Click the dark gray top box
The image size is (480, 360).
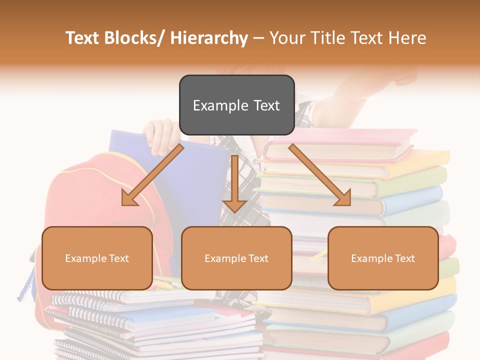(x=236, y=105)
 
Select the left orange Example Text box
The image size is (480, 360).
(x=97, y=258)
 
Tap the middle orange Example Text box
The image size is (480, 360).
(x=236, y=258)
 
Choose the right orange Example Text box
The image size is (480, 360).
(x=383, y=258)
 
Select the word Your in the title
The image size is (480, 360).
(x=286, y=38)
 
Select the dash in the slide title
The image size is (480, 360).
(x=258, y=38)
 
